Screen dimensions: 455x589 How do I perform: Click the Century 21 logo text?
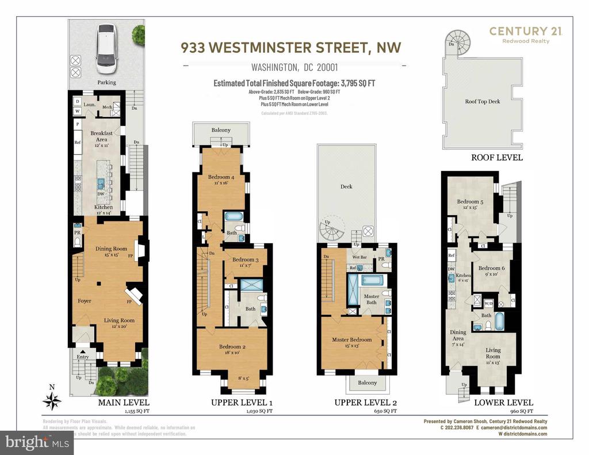(x=526, y=32)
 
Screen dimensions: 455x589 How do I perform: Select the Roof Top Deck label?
(x=483, y=101)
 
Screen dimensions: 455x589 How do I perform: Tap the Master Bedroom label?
(x=351, y=339)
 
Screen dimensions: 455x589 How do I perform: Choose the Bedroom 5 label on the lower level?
(x=471, y=202)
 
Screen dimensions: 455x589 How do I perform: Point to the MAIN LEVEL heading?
(x=123, y=403)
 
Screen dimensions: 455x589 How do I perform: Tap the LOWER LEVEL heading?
(x=503, y=403)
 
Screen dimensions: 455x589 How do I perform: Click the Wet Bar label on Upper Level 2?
(x=360, y=258)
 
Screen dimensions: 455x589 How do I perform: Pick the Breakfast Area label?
(x=101, y=136)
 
